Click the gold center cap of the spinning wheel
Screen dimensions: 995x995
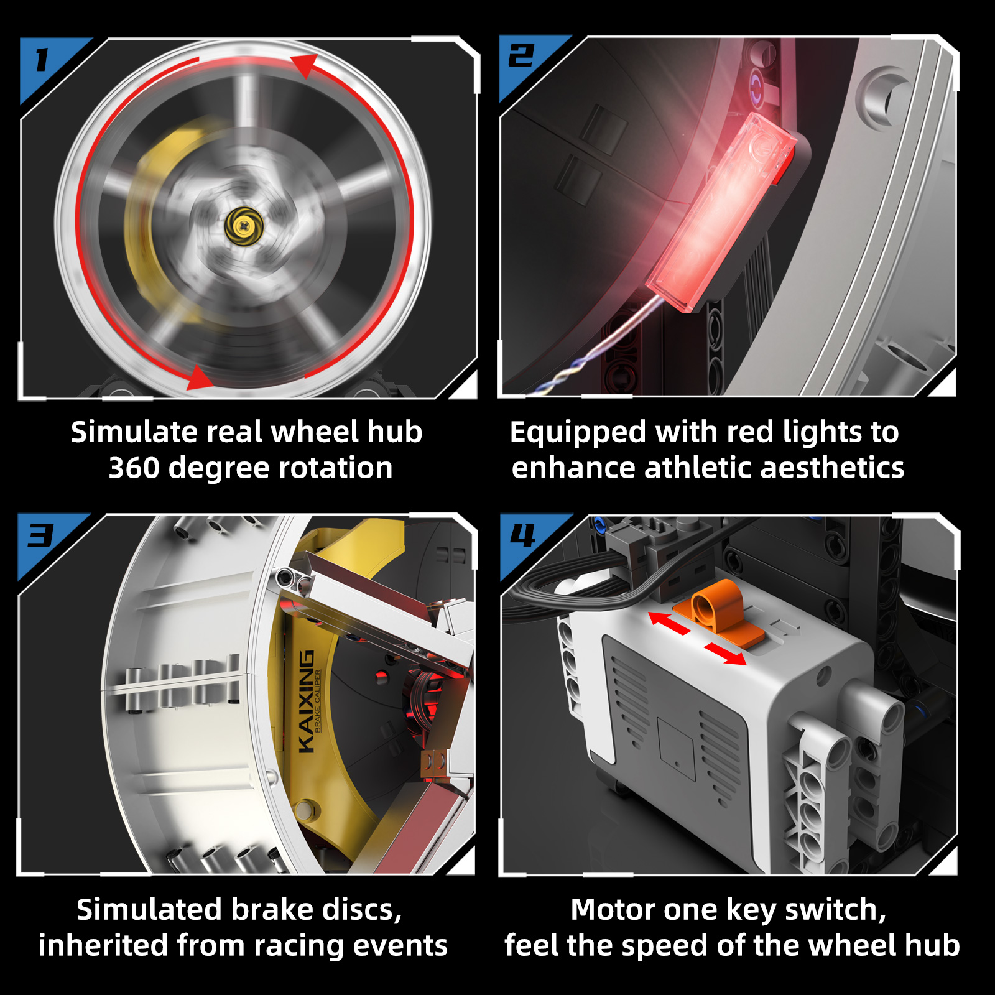click(x=244, y=226)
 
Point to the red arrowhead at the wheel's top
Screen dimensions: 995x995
click(x=305, y=65)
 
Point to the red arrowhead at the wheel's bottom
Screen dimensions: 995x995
click(x=200, y=377)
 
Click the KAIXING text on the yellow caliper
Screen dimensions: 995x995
click(x=305, y=702)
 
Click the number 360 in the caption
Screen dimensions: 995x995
click(x=134, y=468)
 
